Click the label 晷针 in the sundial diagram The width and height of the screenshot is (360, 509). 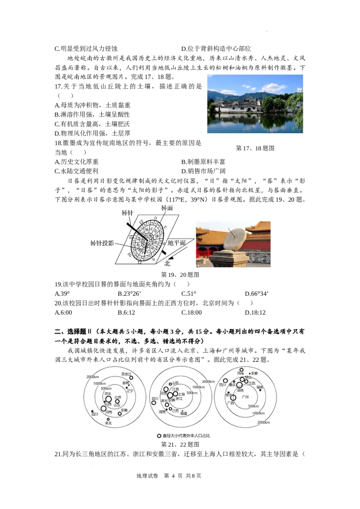128,213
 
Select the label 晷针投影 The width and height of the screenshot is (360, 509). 102,243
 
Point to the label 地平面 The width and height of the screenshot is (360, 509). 177,243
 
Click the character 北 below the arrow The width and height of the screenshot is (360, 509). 167,263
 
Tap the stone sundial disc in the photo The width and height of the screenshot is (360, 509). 235,240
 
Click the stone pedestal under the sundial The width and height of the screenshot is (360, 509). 229,259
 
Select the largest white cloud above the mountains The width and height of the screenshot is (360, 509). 274,88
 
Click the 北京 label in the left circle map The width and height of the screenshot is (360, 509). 118,397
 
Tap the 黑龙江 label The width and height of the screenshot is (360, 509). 126,374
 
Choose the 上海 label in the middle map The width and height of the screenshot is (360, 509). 181,394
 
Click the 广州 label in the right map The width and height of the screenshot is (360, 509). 245,397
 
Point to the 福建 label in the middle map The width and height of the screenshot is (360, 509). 184,413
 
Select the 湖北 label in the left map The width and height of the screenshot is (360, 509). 108,423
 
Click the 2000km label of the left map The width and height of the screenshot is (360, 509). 92,377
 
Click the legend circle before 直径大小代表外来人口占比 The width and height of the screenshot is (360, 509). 159,436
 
